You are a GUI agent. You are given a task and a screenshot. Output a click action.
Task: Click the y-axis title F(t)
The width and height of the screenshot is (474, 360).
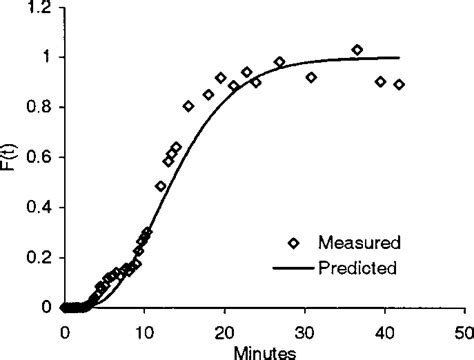click(12, 159)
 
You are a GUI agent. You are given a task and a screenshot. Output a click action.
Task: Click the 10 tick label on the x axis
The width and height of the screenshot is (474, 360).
click(145, 327)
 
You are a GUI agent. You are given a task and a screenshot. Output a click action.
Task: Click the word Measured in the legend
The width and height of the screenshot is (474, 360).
click(359, 242)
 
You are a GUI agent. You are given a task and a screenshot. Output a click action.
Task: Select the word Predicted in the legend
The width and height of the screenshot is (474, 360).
click(359, 267)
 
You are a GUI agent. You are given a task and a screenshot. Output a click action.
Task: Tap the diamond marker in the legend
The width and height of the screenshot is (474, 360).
click(293, 242)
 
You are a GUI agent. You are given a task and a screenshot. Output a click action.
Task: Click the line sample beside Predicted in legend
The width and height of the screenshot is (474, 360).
click(293, 267)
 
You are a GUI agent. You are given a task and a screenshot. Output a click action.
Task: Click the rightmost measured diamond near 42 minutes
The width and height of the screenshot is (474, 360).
click(399, 85)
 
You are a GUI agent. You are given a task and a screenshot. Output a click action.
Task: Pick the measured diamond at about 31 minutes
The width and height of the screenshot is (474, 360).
click(312, 77)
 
